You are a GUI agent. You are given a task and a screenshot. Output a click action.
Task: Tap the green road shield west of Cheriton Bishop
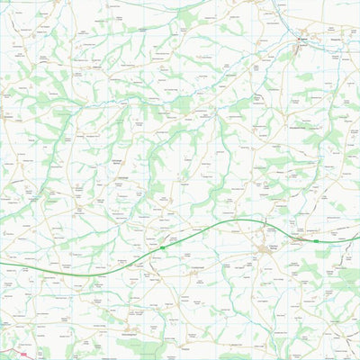click(x=162, y=246)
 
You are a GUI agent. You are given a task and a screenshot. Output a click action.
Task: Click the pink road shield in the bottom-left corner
click(x=23, y=355)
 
